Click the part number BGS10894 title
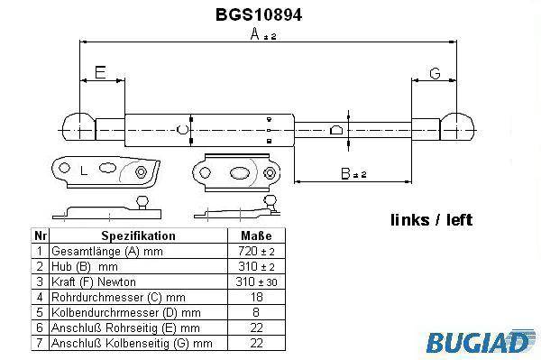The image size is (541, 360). (259, 14)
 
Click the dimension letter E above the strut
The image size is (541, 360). (100, 72)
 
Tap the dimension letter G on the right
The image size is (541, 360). (436, 73)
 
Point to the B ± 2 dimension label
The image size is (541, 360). (353, 173)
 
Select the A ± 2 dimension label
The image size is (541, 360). (263, 34)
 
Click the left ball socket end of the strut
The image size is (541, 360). (78, 126)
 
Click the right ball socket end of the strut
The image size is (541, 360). (457, 126)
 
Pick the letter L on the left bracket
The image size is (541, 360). (83, 171)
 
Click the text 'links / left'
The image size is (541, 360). (431, 220)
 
